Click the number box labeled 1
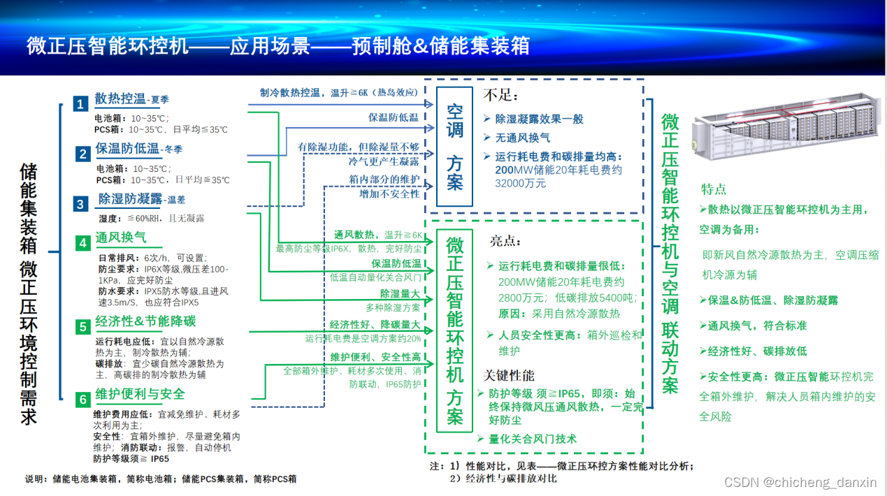point(82,104)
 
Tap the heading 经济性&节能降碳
point(145,322)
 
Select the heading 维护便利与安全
point(140,395)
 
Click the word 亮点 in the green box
point(505,241)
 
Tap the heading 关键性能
point(510,375)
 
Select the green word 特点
point(714,189)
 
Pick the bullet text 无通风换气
point(523,138)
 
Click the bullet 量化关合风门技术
point(533,439)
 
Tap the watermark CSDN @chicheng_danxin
point(800,482)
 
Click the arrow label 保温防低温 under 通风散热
point(396,263)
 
